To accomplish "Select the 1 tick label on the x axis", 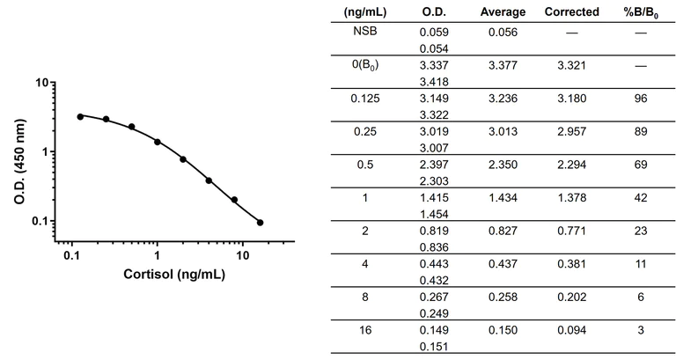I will click(157, 255).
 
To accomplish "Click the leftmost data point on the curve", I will click(80, 116).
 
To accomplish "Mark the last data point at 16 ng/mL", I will click(260, 223).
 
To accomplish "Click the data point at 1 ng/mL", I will click(158, 142).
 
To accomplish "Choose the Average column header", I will click(503, 11).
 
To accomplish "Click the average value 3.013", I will click(503, 131).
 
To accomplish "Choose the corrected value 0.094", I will click(571, 334).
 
